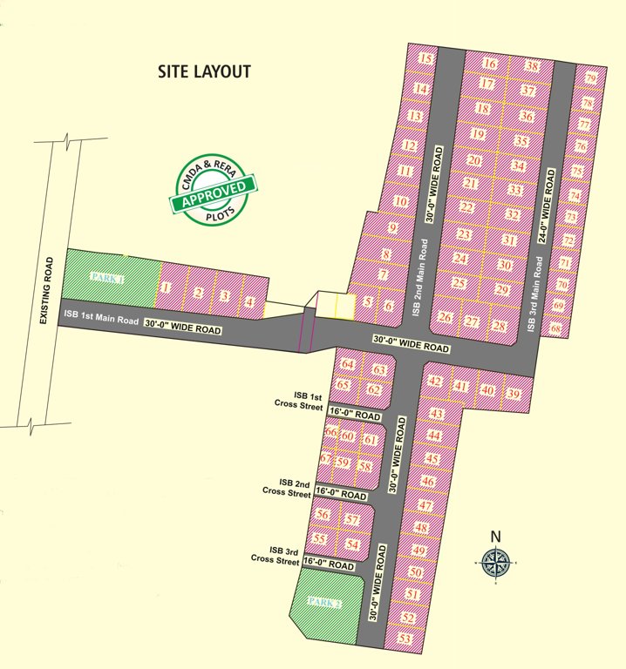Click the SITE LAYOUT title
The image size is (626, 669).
click(204, 71)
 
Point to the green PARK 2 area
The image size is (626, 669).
click(324, 601)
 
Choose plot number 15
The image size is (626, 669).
click(426, 59)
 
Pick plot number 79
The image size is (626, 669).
click(591, 79)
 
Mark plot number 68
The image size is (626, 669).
click(556, 328)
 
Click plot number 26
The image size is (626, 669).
click(446, 318)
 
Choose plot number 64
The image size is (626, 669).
click(349, 363)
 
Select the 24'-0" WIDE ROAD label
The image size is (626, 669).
click(548, 206)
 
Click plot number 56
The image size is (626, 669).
click(323, 515)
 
